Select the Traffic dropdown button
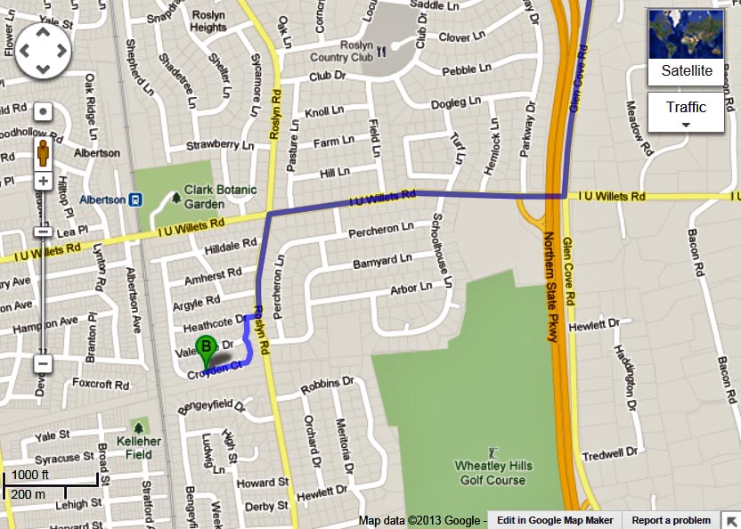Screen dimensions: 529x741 point(686,112)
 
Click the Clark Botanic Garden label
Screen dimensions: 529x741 point(220,195)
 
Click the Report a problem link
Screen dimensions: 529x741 point(671,520)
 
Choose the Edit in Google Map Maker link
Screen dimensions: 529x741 point(555,520)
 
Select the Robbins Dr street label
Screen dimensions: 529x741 point(328,386)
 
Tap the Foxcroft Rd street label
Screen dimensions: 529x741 point(102,387)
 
